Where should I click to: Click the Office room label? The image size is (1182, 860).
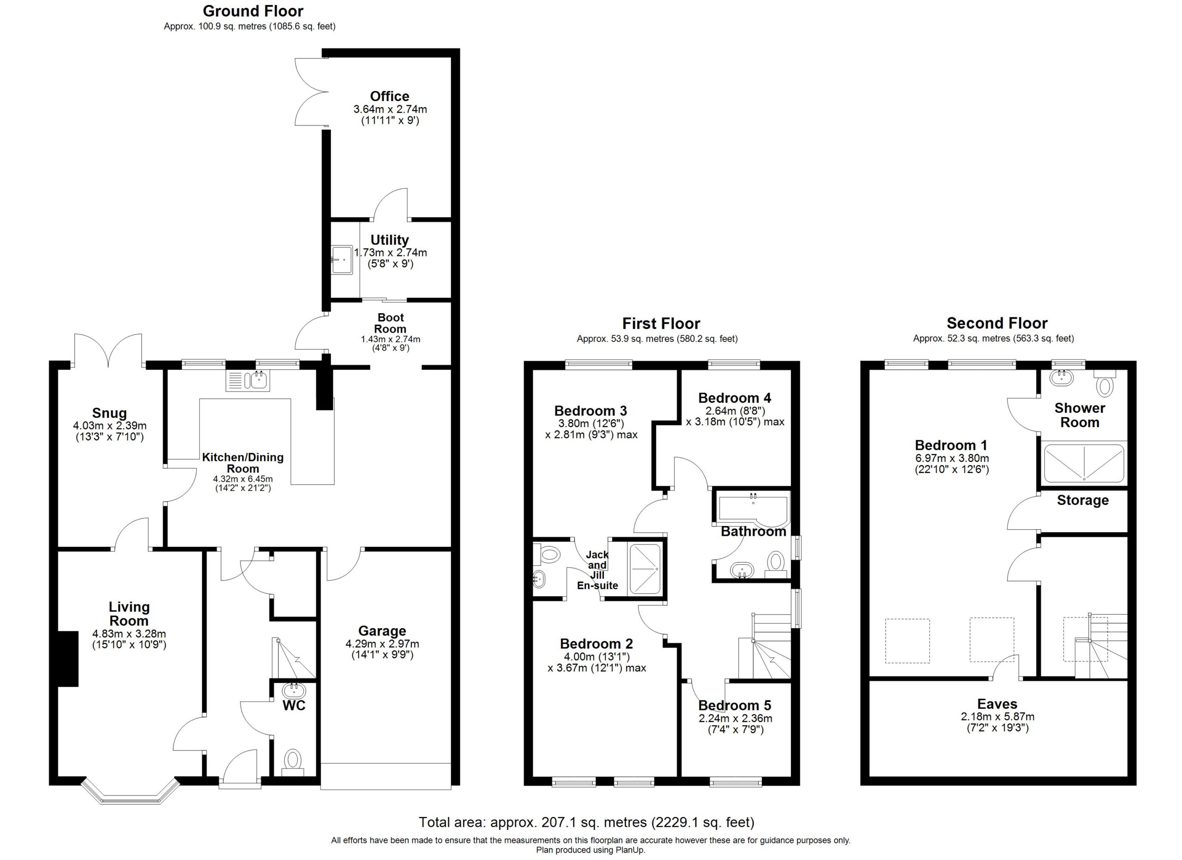(x=389, y=97)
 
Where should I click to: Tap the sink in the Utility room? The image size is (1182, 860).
(x=342, y=260)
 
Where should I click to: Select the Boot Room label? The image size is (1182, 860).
(x=390, y=323)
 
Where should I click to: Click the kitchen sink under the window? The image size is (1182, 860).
(x=248, y=381)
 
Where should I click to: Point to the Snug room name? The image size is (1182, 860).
(x=109, y=413)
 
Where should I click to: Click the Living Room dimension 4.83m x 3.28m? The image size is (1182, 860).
(x=129, y=634)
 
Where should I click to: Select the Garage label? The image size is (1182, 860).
(x=382, y=631)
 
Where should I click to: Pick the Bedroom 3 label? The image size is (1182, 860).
(x=591, y=411)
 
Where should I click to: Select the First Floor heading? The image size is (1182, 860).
(x=661, y=324)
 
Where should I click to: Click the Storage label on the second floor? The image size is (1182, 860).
(x=1082, y=501)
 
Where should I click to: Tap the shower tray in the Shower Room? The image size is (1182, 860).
(x=1084, y=463)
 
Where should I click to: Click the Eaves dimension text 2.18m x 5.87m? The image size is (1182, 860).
(x=997, y=717)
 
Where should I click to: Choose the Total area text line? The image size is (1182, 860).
(x=587, y=823)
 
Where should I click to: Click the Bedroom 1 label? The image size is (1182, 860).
(x=951, y=445)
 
